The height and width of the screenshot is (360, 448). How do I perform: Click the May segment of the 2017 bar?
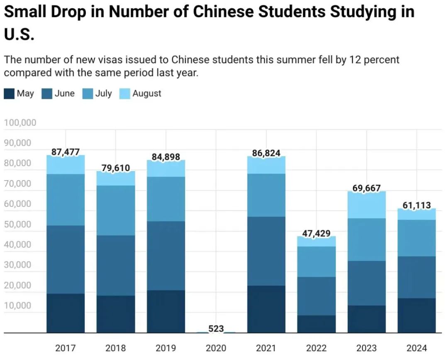[66, 313]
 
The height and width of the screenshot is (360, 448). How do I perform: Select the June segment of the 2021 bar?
[266, 251]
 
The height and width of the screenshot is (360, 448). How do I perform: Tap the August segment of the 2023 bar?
[367, 205]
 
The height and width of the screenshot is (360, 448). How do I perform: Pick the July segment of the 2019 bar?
[166, 199]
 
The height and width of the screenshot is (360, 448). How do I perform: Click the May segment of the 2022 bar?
[317, 324]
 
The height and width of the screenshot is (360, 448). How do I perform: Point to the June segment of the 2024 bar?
[417, 277]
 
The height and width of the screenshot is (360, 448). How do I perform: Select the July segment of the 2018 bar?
[116, 210]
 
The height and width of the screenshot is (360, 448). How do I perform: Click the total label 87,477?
[66, 152]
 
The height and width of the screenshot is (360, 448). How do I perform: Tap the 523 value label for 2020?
[216, 328]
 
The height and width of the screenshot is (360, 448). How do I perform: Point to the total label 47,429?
[317, 233]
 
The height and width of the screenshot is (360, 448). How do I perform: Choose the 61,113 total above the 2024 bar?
[417, 205]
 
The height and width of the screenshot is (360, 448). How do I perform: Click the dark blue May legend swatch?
[9, 93]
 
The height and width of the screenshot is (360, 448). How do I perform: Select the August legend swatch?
[125, 93]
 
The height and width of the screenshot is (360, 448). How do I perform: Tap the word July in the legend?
[103, 93]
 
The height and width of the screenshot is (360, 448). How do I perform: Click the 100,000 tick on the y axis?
[20, 123]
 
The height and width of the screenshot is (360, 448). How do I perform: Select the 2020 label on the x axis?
[216, 348]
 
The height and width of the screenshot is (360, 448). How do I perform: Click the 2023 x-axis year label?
[367, 348]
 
